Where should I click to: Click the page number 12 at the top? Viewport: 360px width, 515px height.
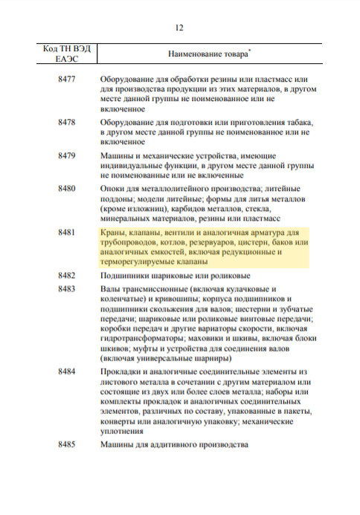[x=179, y=28]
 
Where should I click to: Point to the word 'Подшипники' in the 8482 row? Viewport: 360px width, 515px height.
[x=126, y=276]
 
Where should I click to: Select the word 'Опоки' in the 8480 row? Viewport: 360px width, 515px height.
[x=113, y=189]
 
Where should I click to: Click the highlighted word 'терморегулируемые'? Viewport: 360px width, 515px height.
[x=140, y=262]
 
